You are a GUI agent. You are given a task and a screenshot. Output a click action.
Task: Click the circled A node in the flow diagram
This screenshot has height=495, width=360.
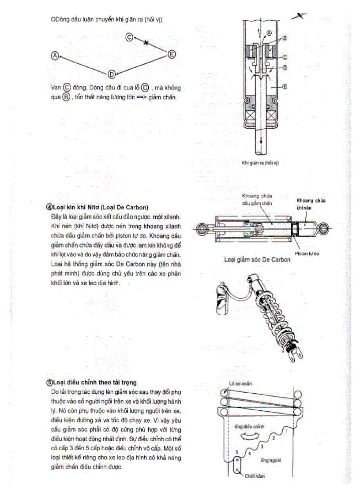tap(55, 56)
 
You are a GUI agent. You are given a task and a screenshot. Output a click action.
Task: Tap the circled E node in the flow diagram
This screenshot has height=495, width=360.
tap(172, 54)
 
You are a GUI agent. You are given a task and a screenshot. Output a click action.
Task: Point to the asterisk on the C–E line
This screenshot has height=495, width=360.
tap(146, 43)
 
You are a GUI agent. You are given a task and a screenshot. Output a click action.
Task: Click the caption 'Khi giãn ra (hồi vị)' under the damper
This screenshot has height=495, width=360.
tap(260, 162)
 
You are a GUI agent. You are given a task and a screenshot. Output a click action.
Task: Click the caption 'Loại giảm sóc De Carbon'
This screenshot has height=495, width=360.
tap(257, 260)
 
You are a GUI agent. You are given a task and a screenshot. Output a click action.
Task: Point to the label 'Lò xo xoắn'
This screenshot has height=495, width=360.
tap(240, 383)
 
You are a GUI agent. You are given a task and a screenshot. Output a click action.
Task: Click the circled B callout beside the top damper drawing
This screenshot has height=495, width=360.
tap(285, 38)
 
